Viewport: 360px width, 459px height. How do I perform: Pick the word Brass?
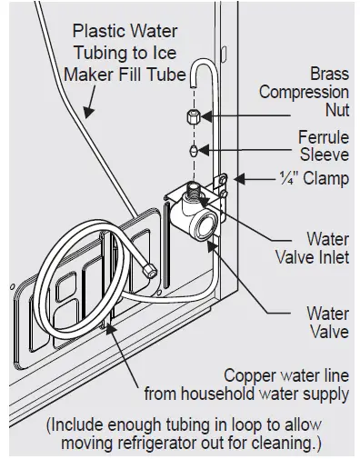[326, 74]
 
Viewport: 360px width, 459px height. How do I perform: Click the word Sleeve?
[324, 155]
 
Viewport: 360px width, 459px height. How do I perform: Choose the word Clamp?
[322, 178]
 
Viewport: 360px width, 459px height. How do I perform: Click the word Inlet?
[328, 258]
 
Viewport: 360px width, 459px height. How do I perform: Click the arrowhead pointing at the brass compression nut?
[208, 115]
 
